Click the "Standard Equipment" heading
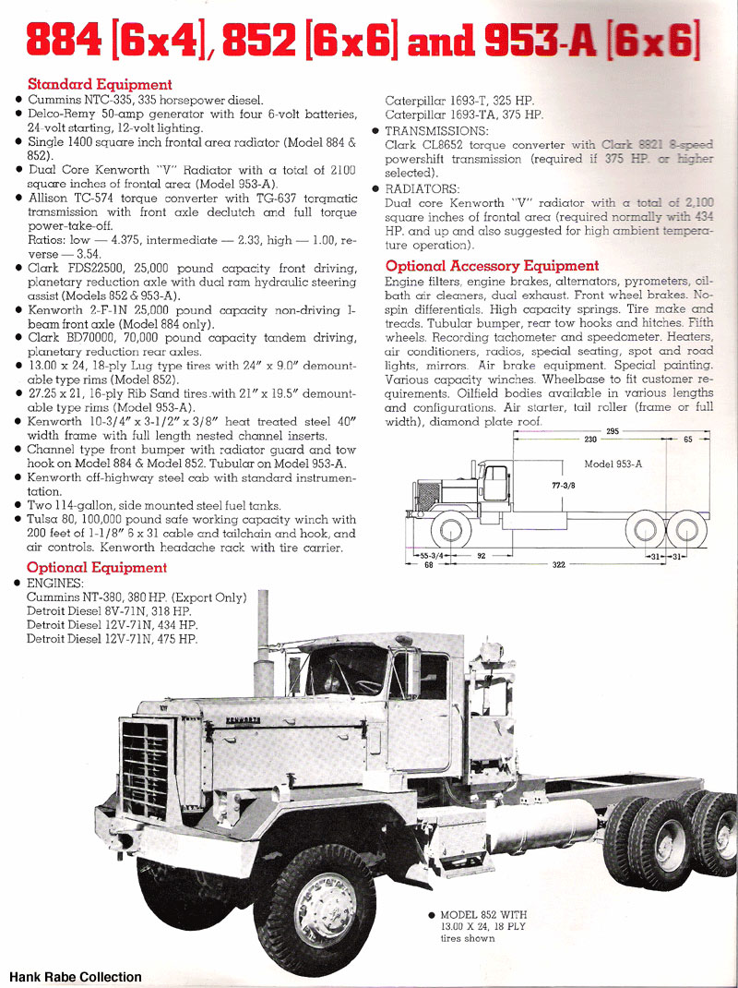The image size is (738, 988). [100, 84]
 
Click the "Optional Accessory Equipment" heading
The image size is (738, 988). [492, 266]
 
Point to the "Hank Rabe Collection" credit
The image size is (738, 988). [76, 976]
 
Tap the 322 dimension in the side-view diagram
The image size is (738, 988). [558, 564]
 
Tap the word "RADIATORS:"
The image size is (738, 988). [423, 188]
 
